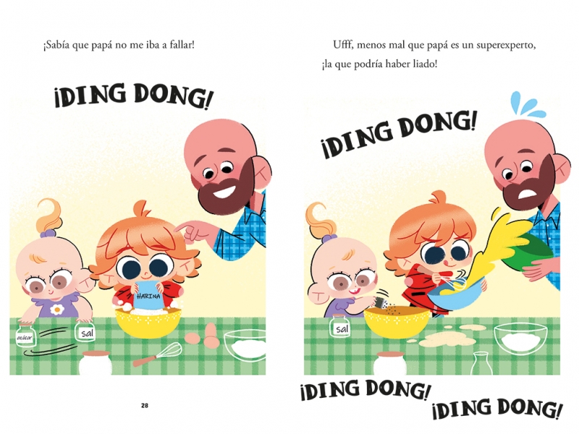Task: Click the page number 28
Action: [144, 405]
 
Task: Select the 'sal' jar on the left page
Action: [86, 331]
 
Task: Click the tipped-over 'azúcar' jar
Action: [25, 336]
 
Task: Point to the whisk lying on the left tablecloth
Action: [158, 354]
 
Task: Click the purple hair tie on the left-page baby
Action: [48, 233]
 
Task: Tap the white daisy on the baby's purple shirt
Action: [57, 310]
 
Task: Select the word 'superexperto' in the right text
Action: [505, 46]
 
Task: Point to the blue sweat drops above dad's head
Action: [528, 104]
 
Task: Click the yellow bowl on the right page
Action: [397, 321]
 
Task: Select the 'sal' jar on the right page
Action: [342, 325]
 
